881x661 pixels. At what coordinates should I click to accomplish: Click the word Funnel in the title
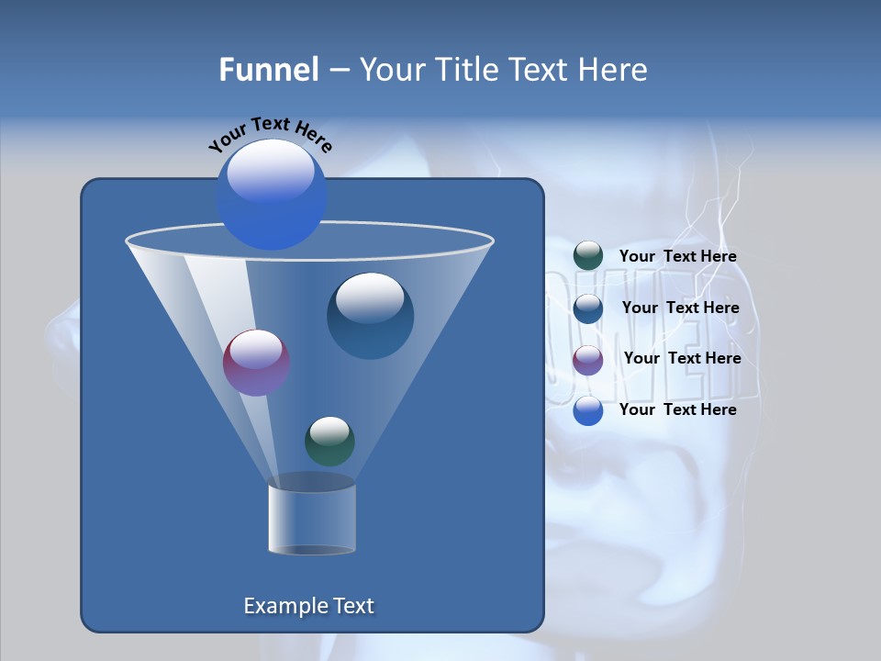pyautogui.click(x=269, y=70)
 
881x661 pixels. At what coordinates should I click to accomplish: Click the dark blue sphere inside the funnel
pyautogui.click(x=370, y=316)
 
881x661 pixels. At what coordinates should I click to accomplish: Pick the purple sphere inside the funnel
pyautogui.click(x=256, y=363)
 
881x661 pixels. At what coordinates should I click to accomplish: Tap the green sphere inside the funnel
pyautogui.click(x=329, y=442)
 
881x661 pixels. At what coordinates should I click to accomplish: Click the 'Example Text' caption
pyautogui.click(x=309, y=606)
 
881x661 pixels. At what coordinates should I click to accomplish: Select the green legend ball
pyautogui.click(x=588, y=256)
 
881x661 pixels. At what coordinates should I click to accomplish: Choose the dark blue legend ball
pyautogui.click(x=588, y=308)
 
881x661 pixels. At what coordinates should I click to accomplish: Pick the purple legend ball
pyautogui.click(x=588, y=360)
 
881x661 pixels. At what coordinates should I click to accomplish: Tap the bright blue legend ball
pyautogui.click(x=588, y=410)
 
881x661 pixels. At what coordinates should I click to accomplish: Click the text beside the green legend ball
pyautogui.click(x=677, y=257)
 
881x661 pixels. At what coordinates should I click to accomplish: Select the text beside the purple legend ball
pyautogui.click(x=682, y=359)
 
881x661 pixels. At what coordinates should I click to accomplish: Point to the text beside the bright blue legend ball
pyautogui.click(x=677, y=409)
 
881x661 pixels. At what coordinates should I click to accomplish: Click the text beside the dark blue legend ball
pyautogui.click(x=680, y=308)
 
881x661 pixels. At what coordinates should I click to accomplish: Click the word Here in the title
pyautogui.click(x=612, y=70)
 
